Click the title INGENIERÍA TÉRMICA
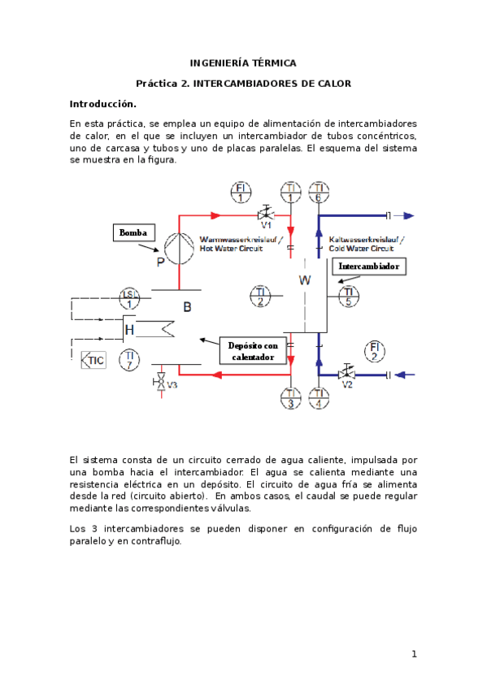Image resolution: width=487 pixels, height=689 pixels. click(243, 63)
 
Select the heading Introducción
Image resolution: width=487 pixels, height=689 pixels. click(102, 104)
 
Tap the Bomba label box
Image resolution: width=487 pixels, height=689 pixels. click(133, 232)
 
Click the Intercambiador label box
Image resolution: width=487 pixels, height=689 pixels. click(369, 266)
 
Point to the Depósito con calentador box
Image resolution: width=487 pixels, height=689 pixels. click(253, 351)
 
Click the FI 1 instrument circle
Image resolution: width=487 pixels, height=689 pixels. click(241, 192)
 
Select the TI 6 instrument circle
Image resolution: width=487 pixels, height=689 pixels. click(319, 192)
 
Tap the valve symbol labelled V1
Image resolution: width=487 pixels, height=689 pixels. click(265, 216)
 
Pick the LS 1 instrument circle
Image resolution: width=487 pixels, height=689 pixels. click(128, 298)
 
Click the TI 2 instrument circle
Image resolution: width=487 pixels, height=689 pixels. click(260, 297)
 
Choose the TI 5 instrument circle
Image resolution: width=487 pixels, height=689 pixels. click(349, 297)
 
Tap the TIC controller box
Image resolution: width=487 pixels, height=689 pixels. click(94, 360)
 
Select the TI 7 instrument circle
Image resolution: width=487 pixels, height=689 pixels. click(128, 358)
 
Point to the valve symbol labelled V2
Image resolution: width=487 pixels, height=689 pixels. click(347, 374)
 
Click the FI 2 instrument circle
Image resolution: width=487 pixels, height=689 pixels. click(375, 351)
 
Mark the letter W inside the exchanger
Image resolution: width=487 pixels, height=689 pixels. click(305, 280)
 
